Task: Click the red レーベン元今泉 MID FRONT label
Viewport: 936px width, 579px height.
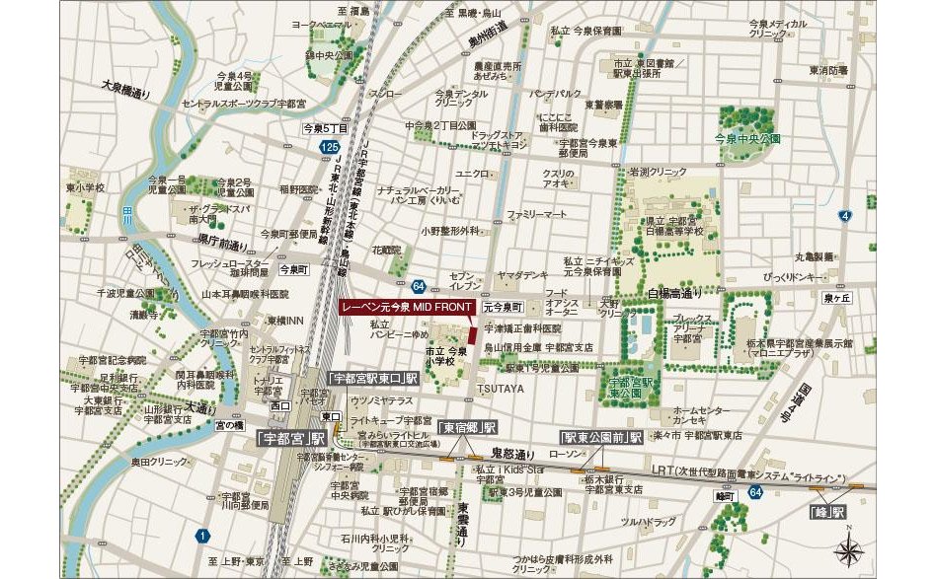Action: click(x=406, y=307)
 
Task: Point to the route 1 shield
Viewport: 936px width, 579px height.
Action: click(x=202, y=536)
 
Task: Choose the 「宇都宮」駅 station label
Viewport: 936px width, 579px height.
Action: click(x=290, y=436)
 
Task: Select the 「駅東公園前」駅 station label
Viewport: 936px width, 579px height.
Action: click(x=601, y=436)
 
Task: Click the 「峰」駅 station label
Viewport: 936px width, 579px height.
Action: click(x=827, y=512)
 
